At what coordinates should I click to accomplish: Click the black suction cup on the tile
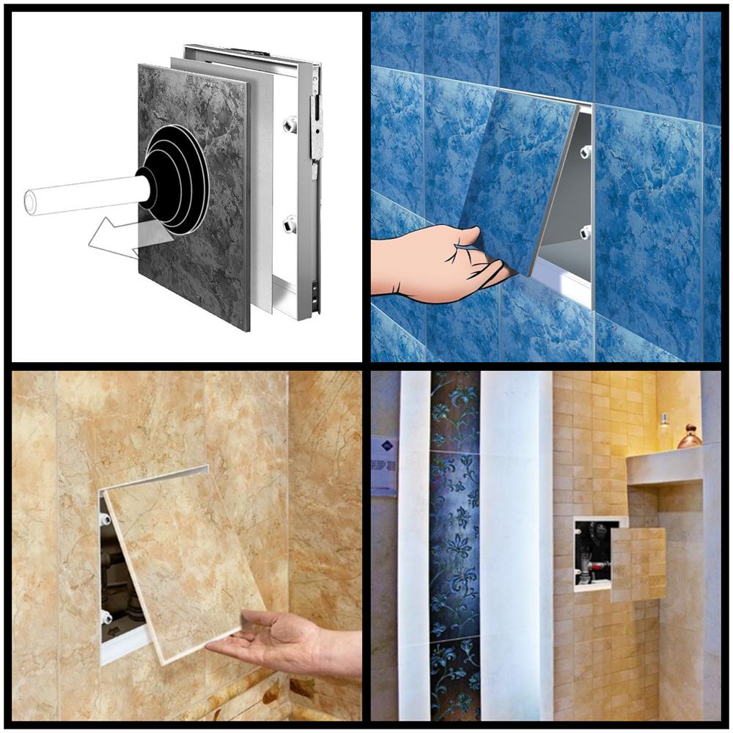tap(176, 180)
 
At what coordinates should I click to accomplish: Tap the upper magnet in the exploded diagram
tap(290, 125)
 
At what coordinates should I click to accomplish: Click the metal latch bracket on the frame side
tap(317, 128)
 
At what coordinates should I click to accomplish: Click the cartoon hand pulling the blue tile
tap(432, 264)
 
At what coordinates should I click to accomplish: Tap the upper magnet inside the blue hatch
tap(585, 152)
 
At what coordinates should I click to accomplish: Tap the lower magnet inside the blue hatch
tap(585, 232)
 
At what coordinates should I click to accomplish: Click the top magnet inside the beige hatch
tap(105, 519)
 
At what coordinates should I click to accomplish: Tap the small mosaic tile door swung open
tap(638, 564)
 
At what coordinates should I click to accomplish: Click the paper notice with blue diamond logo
tap(383, 465)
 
